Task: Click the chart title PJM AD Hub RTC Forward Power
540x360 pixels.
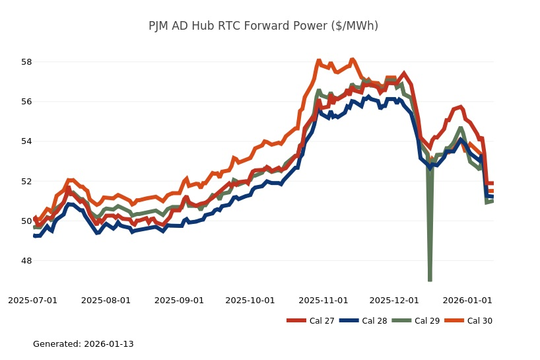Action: tap(263, 26)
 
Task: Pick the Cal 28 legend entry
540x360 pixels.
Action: tap(362, 321)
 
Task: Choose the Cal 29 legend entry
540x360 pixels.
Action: tap(417, 321)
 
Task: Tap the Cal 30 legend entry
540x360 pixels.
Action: tap(469, 321)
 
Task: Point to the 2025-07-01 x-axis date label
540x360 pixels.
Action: tap(33, 301)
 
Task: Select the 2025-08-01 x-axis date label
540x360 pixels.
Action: tap(106, 301)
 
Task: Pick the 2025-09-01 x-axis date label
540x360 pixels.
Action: tap(179, 301)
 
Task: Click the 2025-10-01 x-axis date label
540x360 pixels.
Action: tap(250, 301)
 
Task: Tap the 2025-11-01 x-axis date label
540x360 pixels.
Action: tap(323, 301)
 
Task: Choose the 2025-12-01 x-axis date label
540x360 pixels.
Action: tap(394, 301)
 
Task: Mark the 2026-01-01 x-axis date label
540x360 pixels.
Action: tap(467, 301)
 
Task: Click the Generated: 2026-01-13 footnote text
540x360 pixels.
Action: tap(83, 344)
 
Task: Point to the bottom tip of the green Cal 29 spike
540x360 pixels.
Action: tap(430, 280)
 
